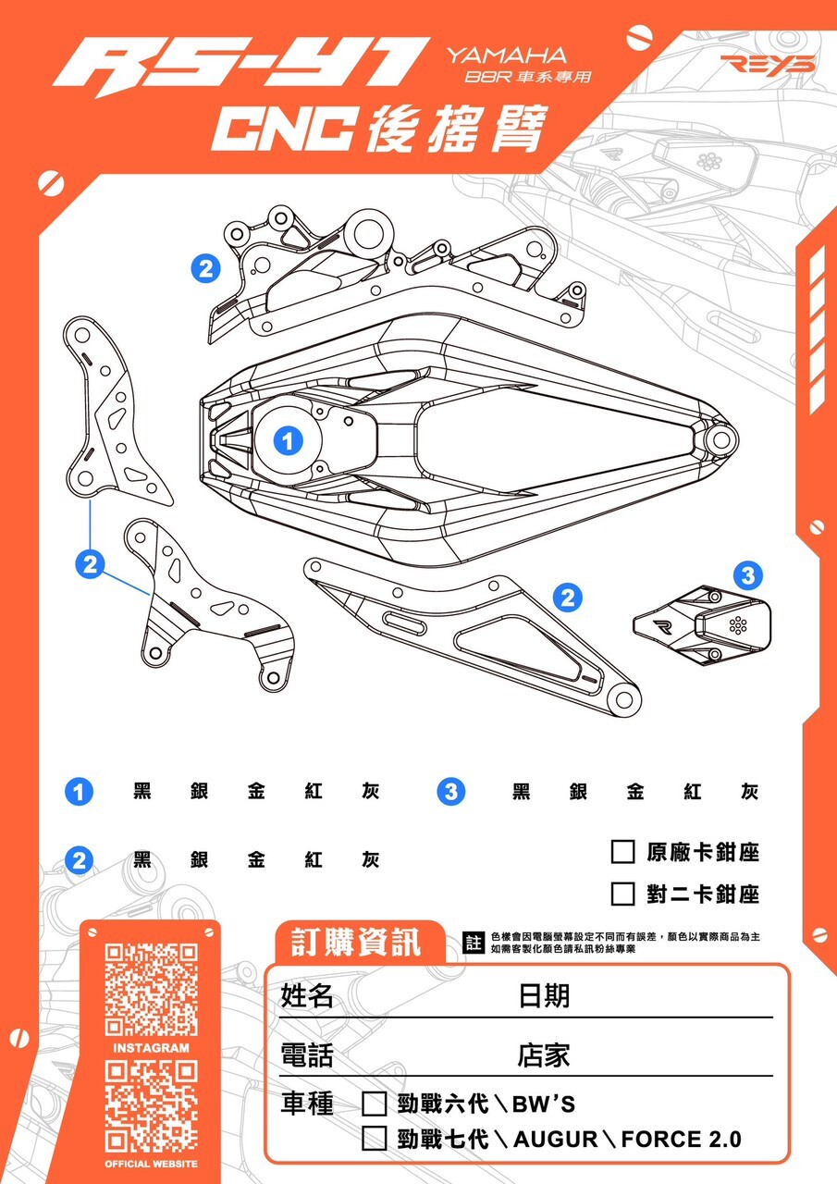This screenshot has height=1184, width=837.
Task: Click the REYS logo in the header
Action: point(768,64)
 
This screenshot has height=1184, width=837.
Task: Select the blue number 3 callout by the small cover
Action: point(747,575)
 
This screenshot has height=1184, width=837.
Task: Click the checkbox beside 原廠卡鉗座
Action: point(622,851)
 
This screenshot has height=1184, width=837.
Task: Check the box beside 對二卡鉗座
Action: point(622,894)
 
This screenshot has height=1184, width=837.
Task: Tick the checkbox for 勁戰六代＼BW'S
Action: point(374,1104)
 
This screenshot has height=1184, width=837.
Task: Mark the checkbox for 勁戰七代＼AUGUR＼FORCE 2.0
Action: point(374,1138)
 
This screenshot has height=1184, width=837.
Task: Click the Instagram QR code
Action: point(151,989)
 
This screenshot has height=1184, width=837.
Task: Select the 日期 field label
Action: point(544,995)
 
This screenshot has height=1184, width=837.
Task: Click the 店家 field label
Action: point(544,1054)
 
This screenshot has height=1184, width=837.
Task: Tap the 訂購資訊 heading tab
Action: point(356,943)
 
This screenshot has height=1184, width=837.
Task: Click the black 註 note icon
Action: point(474,943)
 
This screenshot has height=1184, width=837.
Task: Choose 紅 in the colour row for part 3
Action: point(693,792)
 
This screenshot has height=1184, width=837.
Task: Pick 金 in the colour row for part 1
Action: point(256,792)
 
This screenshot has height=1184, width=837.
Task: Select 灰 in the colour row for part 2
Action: point(370,859)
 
